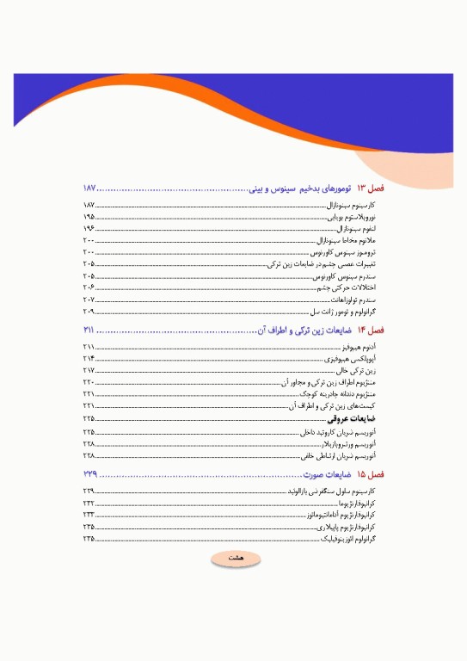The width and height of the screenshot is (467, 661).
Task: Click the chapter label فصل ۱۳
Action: click(372, 188)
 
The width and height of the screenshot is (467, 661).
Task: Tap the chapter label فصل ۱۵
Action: click(372, 474)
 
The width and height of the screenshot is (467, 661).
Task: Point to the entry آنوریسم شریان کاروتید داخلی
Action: click(343, 431)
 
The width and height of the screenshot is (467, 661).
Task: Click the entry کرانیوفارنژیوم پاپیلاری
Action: click(354, 526)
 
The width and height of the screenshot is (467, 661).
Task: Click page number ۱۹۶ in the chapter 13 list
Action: click(89, 230)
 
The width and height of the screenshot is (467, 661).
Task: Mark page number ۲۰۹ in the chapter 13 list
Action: click(89, 311)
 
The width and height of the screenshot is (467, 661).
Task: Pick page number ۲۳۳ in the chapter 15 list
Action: click(89, 514)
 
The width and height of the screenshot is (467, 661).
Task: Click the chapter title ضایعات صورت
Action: click(329, 474)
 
